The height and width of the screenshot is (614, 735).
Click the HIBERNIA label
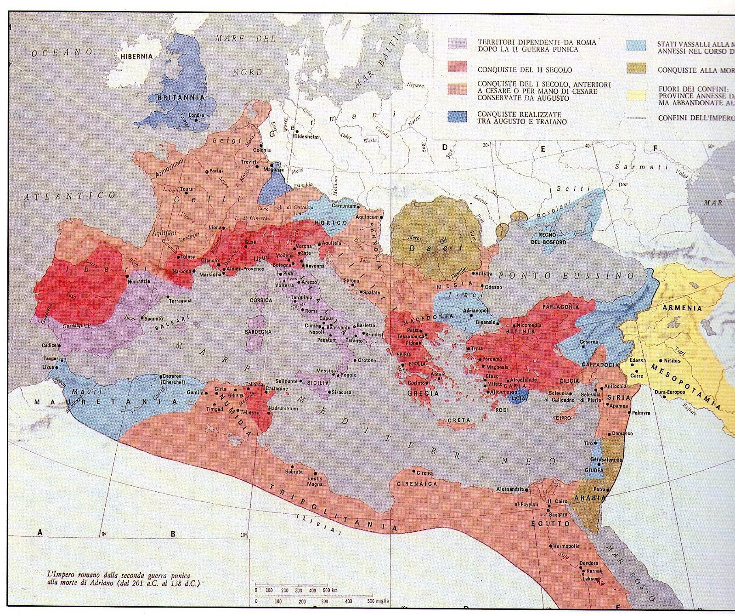(136, 57)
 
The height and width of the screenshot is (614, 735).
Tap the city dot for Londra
(196, 120)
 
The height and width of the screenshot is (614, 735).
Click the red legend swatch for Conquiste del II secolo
(458, 68)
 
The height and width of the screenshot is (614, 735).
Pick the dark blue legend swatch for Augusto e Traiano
(458, 117)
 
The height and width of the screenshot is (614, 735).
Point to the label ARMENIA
(682, 308)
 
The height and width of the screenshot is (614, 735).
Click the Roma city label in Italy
(311, 311)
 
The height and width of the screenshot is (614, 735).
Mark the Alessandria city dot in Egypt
(526, 490)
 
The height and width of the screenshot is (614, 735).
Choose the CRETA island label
(459, 420)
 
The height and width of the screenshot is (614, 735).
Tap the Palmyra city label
(641, 413)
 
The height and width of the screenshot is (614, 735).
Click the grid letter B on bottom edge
(173, 534)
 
